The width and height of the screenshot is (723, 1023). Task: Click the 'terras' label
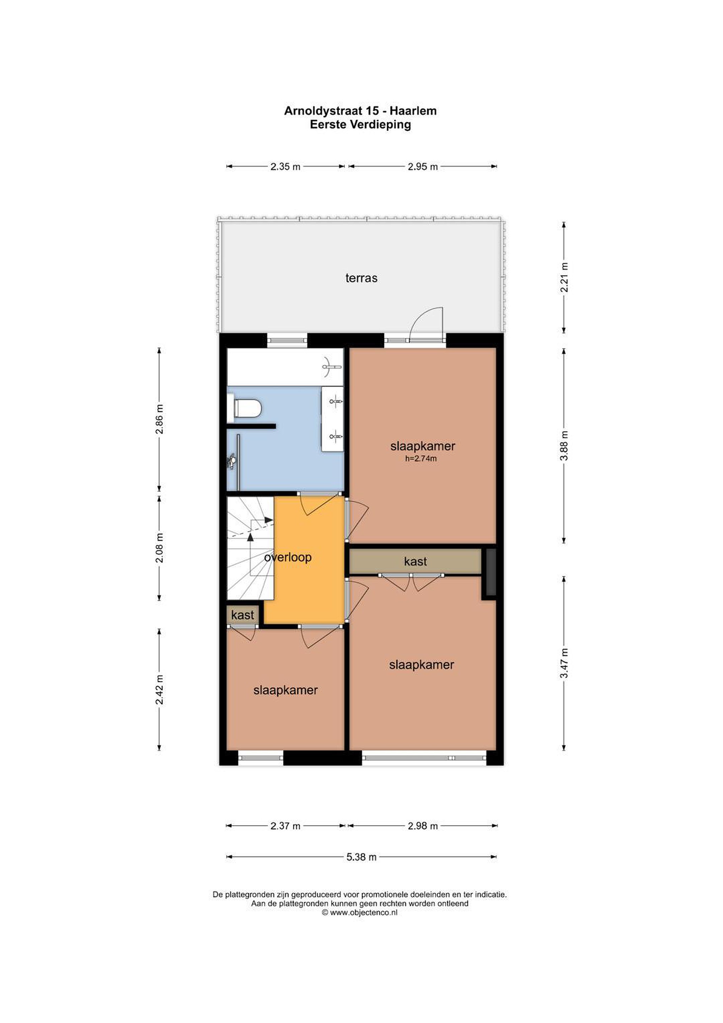click(x=361, y=278)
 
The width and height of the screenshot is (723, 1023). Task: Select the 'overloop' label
click(x=288, y=557)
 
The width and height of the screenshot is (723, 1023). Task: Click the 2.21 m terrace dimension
click(x=564, y=277)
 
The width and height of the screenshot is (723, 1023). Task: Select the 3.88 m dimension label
click(x=564, y=445)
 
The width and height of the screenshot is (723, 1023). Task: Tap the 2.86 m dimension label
click(x=159, y=419)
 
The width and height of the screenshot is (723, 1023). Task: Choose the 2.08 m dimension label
click(x=159, y=548)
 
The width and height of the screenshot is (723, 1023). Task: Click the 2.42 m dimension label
click(x=159, y=690)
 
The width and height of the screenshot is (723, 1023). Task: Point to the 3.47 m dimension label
click(x=564, y=663)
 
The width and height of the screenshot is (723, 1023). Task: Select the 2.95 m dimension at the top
click(x=423, y=167)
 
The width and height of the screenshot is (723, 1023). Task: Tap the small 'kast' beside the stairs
click(x=242, y=615)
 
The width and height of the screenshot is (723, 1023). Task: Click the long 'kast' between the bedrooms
click(x=415, y=561)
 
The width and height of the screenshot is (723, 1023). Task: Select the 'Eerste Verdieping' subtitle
click(x=360, y=125)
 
